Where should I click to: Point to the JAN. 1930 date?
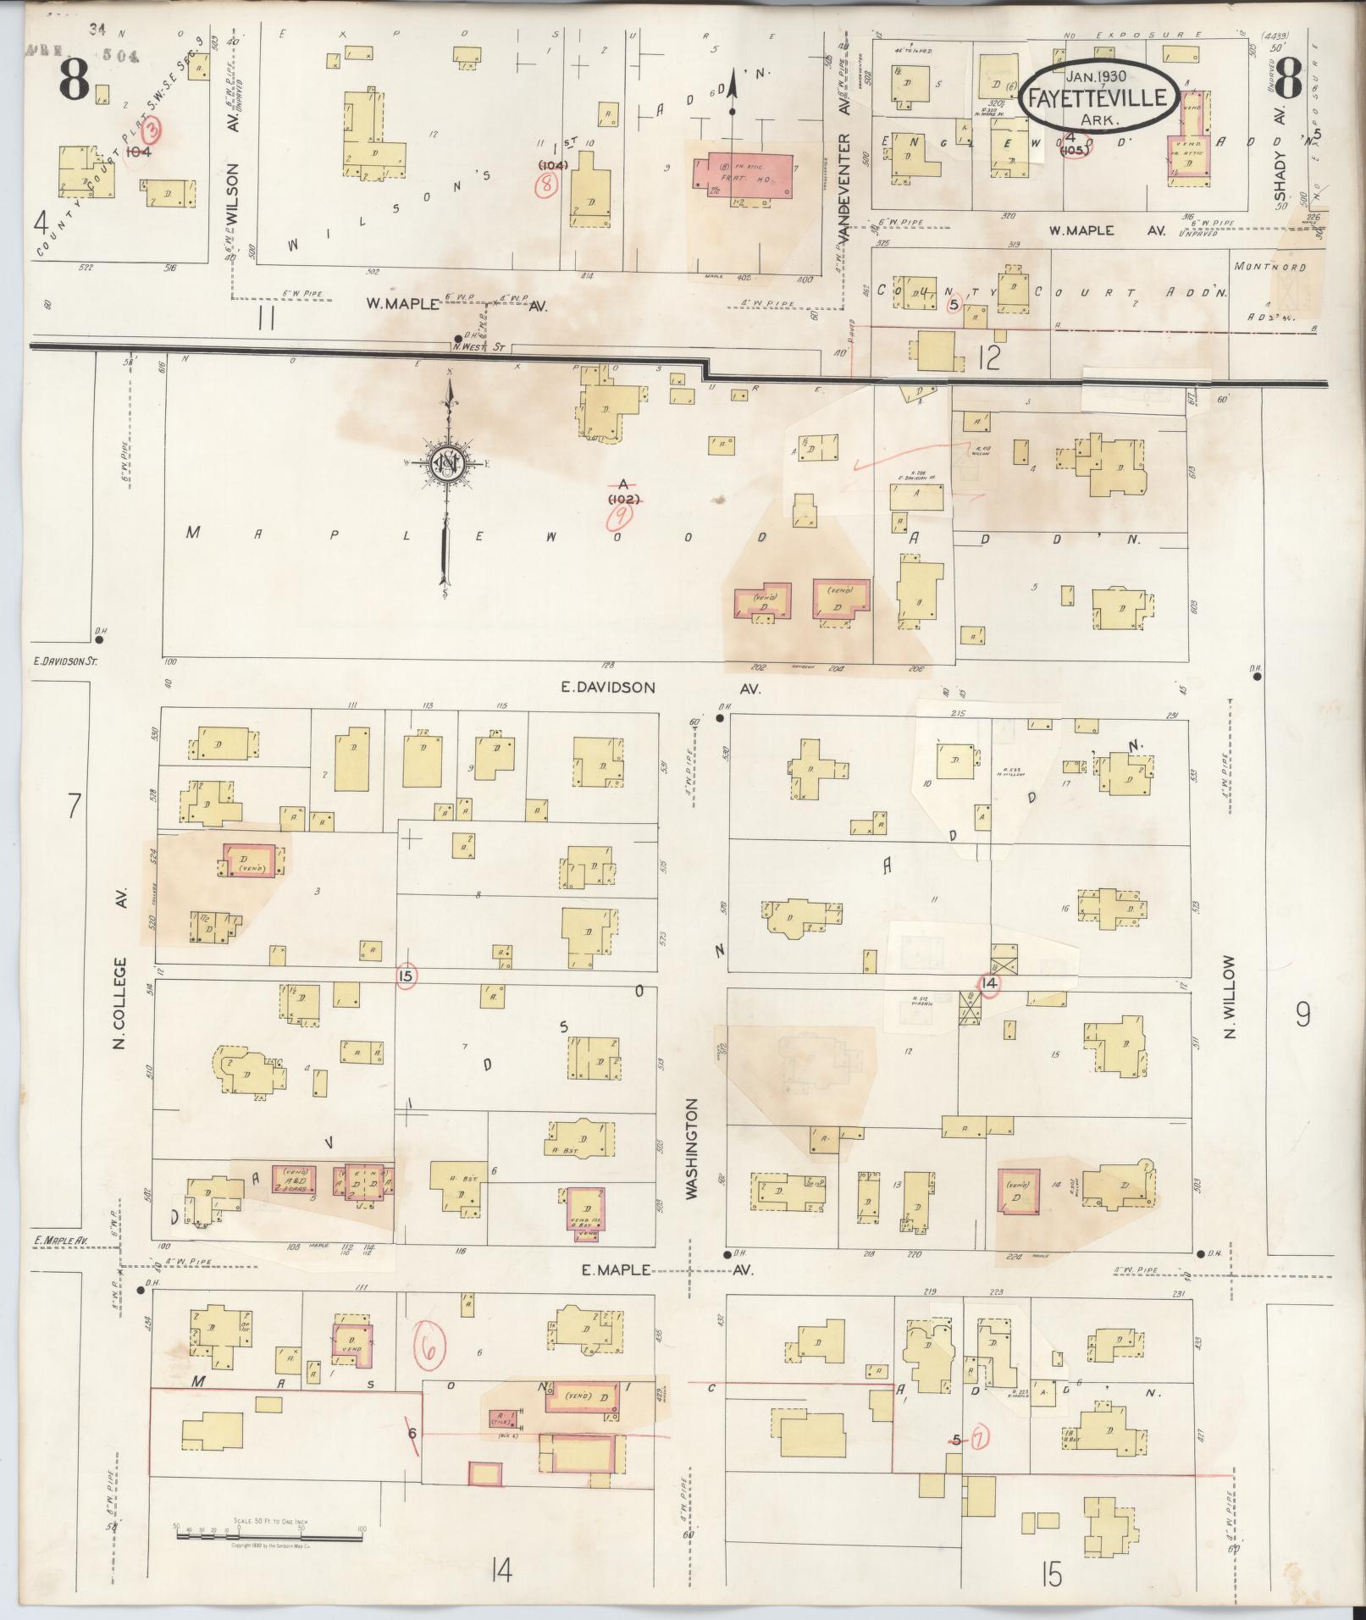pos(1098,75)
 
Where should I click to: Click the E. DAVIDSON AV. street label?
pos(660,688)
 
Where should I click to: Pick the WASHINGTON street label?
pos(692,1148)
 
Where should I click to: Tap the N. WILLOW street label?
pos(1231,997)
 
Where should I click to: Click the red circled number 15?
pos(406,976)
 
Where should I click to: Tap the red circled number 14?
pos(987,984)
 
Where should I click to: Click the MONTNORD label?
pos(1270,267)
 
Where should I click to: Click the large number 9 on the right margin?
pos(1302,1014)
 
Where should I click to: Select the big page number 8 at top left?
pos(75,81)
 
